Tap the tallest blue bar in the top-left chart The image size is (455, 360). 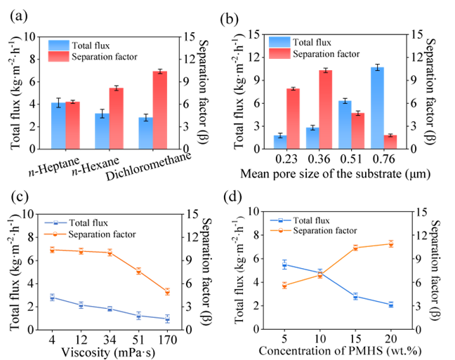[58, 126]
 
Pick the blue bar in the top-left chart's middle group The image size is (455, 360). [102, 131]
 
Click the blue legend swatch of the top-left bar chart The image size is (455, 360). [59, 45]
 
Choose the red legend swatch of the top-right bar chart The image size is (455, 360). [279, 53]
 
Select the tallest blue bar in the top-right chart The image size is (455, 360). [378, 108]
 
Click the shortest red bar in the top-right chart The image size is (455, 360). [390, 142]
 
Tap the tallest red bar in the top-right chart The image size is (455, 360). [326, 109]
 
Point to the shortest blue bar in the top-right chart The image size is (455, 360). [279, 142]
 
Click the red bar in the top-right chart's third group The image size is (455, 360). [358, 131]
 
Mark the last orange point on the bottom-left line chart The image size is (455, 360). [168, 292]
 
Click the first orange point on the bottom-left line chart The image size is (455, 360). [52, 250]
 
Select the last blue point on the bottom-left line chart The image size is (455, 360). [168, 319]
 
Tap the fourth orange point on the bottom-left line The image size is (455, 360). [138, 271]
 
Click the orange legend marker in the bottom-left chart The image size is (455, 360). [55, 234]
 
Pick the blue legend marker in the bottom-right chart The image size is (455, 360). [280, 220]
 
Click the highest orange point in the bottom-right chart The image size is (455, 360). [391, 244]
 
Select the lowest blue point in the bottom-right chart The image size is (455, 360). [391, 305]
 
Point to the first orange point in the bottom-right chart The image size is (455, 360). [284, 286]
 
